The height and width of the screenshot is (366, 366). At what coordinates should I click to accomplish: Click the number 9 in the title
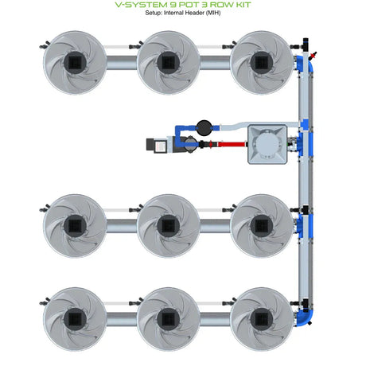168,5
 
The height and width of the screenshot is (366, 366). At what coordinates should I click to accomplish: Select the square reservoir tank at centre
267,144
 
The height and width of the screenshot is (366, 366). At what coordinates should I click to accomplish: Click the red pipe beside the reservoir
231,145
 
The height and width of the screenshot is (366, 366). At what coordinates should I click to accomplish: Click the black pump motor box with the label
157,145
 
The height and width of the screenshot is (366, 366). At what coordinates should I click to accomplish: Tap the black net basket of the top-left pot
75,63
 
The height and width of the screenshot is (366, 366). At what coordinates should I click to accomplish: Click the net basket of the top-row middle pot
168,63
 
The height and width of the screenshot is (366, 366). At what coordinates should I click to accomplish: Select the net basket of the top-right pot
262,63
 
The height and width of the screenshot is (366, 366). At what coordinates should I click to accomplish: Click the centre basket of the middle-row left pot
75,226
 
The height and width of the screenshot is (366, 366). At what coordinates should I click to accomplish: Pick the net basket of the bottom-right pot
262,319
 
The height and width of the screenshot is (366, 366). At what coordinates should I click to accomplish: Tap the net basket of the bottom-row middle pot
168,319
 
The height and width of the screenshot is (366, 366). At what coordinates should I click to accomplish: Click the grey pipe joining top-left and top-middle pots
122,63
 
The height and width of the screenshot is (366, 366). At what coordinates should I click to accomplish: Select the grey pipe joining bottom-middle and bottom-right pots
215,319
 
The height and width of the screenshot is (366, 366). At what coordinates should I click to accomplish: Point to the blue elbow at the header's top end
308,63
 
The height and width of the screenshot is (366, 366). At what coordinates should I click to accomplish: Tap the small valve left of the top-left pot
45,45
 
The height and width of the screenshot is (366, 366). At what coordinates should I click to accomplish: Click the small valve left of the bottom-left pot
45,302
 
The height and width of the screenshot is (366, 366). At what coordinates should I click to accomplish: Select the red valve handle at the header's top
313,55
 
